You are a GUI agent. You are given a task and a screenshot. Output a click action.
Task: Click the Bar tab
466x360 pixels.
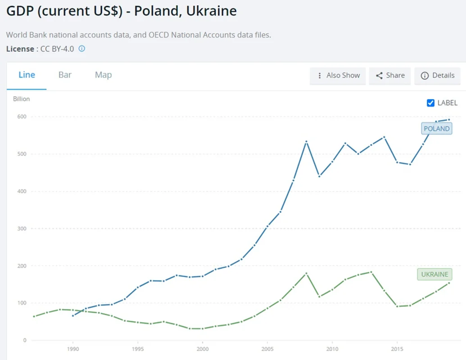[x=65, y=75]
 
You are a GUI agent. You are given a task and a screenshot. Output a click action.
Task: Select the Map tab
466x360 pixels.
[x=103, y=75]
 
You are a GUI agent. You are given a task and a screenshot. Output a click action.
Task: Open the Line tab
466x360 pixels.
[x=27, y=75]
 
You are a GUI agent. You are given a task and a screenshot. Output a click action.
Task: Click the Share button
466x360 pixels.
[x=390, y=76]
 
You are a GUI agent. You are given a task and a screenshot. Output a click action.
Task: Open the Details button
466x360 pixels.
[x=438, y=76]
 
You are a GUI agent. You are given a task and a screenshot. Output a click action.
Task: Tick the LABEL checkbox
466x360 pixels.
[x=430, y=103]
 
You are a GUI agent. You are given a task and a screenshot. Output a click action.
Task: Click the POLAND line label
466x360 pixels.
[x=436, y=129]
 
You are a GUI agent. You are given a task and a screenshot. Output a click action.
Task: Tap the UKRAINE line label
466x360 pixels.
[x=434, y=274]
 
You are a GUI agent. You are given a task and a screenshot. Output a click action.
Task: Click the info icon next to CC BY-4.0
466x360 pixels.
[x=82, y=49]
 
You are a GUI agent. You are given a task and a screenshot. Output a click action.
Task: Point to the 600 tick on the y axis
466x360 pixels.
[x=22, y=117]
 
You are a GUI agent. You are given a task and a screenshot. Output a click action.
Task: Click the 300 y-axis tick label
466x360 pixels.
[x=22, y=229]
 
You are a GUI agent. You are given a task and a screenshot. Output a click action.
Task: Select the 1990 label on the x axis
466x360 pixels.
[x=73, y=349]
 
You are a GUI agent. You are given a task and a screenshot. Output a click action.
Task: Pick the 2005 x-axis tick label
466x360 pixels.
[x=267, y=349]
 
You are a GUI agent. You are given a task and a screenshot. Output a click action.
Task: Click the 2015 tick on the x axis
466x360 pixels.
[x=397, y=349]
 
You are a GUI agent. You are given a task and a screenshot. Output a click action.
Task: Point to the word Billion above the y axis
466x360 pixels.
[x=21, y=99]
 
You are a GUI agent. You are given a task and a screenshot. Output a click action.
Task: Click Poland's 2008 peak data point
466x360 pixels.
[x=306, y=141]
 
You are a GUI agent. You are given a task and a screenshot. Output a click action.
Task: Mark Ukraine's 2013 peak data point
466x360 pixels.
[x=371, y=272]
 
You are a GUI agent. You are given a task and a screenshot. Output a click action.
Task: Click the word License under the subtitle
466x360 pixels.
[x=20, y=49]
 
